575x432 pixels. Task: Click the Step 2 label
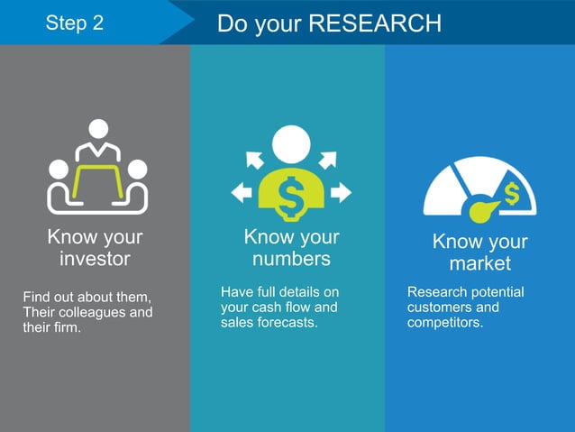(74, 23)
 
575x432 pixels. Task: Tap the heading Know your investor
(95, 249)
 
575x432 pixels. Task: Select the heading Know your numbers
(291, 248)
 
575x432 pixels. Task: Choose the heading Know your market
(479, 253)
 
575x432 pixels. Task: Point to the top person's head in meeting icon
(97, 129)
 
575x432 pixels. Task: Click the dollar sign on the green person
(291, 198)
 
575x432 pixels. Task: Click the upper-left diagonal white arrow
(254, 160)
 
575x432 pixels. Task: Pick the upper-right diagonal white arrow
(327, 160)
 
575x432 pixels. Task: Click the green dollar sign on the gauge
(512, 193)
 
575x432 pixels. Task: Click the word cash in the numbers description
(270, 307)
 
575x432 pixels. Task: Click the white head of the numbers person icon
(291, 142)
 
